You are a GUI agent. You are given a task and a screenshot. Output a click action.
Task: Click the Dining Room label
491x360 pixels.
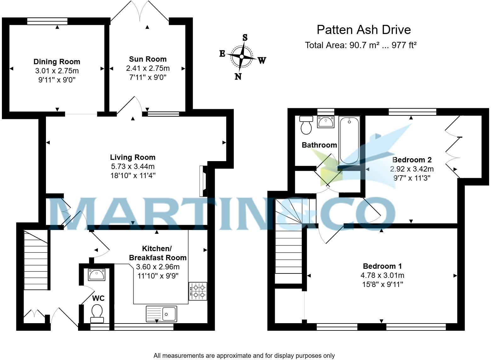point(57,62)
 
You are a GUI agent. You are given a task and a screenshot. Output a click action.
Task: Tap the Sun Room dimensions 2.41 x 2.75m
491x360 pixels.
point(148,68)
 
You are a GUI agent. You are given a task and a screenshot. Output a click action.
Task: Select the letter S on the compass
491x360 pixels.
point(245,37)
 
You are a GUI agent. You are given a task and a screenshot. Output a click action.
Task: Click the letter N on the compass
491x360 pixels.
point(238,76)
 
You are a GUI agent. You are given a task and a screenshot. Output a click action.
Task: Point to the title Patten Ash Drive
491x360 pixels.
point(364,30)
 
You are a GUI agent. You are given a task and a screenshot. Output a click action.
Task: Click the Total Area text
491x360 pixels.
point(361,45)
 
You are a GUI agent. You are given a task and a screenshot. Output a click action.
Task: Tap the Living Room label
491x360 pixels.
point(133,157)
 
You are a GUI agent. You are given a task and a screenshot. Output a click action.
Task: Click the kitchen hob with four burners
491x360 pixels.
point(198,291)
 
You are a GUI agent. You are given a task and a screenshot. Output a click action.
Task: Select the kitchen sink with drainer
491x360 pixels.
point(161,314)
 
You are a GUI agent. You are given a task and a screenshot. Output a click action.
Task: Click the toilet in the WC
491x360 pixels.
point(97,313)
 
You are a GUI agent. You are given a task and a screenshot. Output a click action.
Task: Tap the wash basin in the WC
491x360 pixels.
point(97,274)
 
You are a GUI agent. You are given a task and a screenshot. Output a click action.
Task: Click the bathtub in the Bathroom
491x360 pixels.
point(349,140)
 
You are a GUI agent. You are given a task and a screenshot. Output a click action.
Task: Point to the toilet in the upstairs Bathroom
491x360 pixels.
point(306,125)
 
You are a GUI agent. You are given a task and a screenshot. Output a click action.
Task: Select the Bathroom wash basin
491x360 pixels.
point(325,122)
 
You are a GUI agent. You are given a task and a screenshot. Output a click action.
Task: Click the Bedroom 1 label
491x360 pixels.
point(382,266)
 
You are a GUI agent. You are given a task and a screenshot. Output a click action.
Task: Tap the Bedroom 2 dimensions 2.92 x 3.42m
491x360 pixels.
point(412,169)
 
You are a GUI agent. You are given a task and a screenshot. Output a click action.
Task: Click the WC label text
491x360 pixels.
point(99,298)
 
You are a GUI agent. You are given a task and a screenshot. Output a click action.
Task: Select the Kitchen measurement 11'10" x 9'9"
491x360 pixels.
point(158,276)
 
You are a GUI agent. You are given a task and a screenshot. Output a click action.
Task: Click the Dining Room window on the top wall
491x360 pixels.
point(47,21)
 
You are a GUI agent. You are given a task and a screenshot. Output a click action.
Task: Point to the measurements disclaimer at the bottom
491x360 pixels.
point(244,355)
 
